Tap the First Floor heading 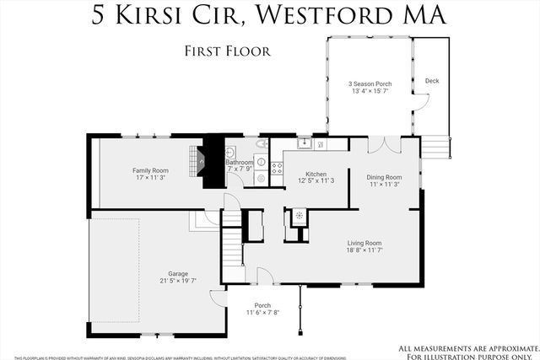(x=227, y=51)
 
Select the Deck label (x=432, y=81)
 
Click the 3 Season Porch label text (x=369, y=84)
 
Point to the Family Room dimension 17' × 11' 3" (x=150, y=178)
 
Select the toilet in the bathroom (x=262, y=161)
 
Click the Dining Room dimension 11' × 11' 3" (x=383, y=185)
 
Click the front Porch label (x=262, y=305)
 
